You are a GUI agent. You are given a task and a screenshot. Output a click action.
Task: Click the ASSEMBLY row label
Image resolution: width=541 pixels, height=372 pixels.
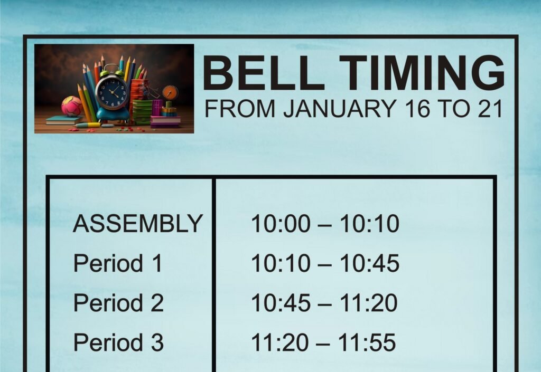pyautogui.click(x=137, y=224)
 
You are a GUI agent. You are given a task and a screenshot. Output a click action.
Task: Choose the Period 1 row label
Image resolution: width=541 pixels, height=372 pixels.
pyautogui.click(x=118, y=263)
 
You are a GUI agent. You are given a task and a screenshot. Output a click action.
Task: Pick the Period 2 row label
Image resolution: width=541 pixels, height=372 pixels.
pyautogui.click(x=118, y=303)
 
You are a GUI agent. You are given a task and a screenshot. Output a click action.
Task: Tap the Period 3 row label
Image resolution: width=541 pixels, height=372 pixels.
pyautogui.click(x=118, y=342)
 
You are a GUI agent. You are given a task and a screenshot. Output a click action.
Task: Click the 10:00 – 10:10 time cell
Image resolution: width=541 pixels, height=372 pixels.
pyautogui.click(x=324, y=224)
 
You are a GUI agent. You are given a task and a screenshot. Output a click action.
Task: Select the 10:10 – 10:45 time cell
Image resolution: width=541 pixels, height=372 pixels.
pyautogui.click(x=324, y=263)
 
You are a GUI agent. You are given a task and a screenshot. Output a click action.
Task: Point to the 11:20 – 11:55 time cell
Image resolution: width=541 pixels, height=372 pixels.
pyautogui.click(x=323, y=342)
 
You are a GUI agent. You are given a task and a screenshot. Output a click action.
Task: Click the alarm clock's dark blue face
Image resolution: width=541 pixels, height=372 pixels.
pyautogui.click(x=112, y=92)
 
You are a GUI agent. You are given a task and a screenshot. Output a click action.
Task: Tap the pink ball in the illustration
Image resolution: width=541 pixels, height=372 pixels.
pyautogui.click(x=71, y=106)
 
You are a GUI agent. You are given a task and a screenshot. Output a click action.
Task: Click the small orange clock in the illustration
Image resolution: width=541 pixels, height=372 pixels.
pyautogui.click(x=170, y=92)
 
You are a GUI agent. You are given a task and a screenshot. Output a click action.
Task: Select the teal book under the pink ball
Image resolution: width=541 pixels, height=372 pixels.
pyautogui.click(x=63, y=120)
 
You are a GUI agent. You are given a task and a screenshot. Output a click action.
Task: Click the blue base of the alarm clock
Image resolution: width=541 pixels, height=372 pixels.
pyautogui.click(x=113, y=114)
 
